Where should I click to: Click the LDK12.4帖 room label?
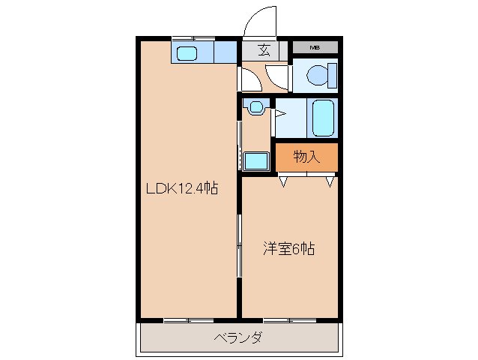[182, 189]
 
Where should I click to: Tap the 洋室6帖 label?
[288, 248]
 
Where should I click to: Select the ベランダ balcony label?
[238, 338]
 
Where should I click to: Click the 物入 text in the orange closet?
[306, 157]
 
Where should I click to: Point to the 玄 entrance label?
[264, 51]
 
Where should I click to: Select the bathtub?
[324, 117]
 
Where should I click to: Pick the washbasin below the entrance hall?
[257, 106]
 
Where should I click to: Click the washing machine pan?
[256, 160]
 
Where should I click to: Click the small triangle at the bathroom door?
[279, 114]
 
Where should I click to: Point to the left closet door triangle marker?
[284, 181]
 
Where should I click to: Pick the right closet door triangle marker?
[330, 181]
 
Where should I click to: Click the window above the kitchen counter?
[193, 38]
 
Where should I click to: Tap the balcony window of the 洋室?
[288, 320]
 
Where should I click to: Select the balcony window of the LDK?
[188, 320]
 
